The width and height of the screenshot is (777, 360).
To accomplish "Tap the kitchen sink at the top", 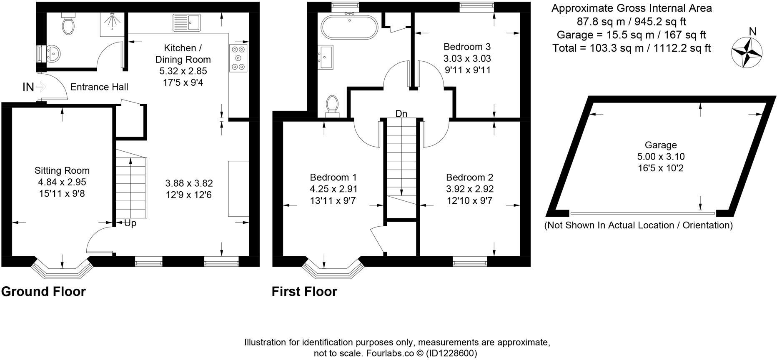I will (187, 22).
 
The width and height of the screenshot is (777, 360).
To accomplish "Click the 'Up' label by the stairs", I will (130, 223).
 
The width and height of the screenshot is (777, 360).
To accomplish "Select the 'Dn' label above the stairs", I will (401, 114).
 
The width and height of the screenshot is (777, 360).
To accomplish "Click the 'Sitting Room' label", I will (62, 170).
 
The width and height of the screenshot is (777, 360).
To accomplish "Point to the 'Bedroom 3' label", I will (467, 47).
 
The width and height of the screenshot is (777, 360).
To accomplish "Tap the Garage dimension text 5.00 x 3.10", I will (661, 157).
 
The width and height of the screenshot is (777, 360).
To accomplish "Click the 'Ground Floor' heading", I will (43, 291).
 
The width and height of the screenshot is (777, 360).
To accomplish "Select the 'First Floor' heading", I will (304, 291).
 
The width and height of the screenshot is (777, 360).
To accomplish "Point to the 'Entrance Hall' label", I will (99, 87).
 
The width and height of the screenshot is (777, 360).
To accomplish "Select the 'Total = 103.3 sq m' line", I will (631, 48).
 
